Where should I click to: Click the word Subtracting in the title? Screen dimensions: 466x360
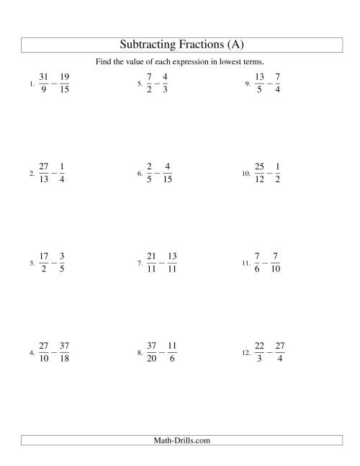coord(145,45)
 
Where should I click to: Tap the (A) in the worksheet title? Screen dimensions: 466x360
coord(236,45)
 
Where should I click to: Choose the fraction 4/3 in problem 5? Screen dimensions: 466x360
coord(165,84)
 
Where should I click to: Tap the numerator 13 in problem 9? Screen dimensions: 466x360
coord(260,77)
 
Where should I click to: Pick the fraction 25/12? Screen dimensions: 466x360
coord(260,174)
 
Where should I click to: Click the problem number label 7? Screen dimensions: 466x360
coord(140,264)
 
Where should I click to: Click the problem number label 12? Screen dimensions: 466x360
coord(245,354)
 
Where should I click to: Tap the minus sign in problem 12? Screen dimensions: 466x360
coord(269,352)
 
